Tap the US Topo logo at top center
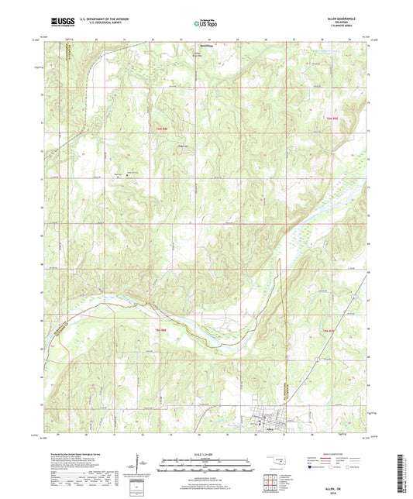[205, 24]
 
